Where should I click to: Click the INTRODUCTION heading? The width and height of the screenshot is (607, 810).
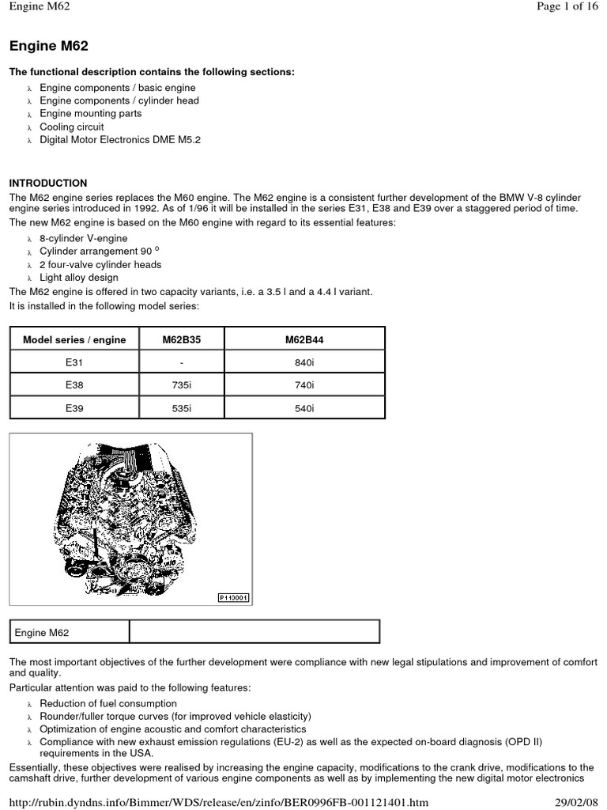[47, 183]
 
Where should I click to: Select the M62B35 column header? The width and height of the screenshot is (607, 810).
[181, 339]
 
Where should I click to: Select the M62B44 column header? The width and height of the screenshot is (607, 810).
[304, 339]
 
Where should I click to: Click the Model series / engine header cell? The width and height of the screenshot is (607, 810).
[74, 339]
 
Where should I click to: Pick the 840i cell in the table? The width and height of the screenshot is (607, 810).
[304, 362]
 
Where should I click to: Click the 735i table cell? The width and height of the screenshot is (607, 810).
[181, 385]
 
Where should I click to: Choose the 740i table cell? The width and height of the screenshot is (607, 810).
[304, 385]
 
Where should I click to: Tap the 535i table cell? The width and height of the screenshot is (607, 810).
[181, 408]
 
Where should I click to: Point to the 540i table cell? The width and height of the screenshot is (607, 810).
[304, 408]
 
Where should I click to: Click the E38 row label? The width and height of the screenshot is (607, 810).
[74, 385]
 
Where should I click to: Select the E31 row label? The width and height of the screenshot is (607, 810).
[74, 362]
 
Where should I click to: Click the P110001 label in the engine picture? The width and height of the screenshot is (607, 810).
[233, 598]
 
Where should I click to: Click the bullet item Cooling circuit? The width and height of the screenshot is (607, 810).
[72, 127]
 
